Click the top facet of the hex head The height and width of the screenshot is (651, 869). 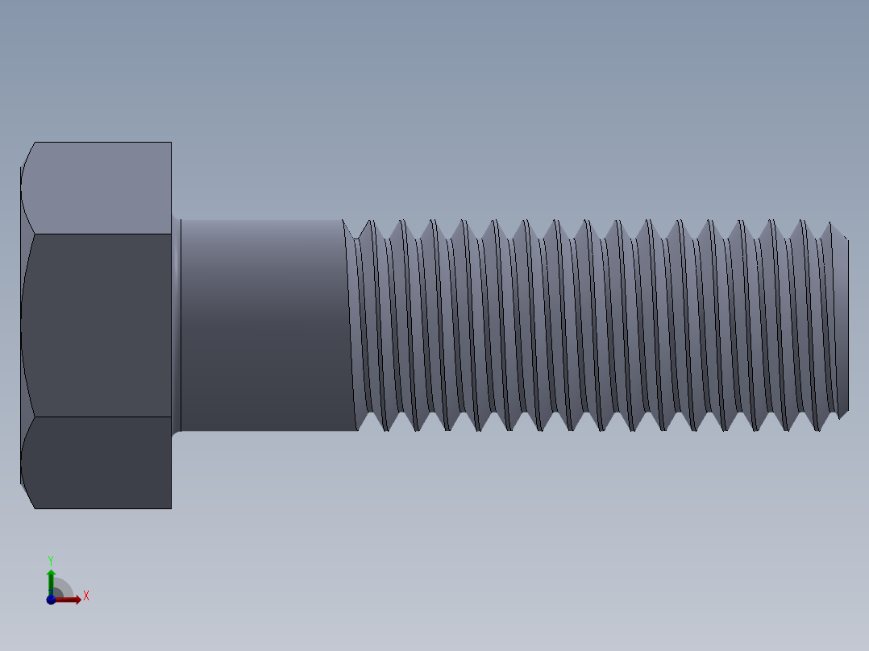[97, 188]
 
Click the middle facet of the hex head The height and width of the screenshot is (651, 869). [97, 325]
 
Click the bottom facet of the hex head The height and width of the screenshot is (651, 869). [97, 462]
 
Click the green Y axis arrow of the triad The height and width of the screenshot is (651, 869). [50, 578]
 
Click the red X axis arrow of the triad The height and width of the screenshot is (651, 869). [71, 599]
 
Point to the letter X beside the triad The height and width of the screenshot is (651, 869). [85, 596]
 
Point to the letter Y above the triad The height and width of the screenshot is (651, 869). [50, 559]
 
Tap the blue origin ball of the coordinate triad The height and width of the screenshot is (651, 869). [51, 599]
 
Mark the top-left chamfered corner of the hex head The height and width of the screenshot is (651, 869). [27, 154]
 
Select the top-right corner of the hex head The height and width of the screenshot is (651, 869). [171, 143]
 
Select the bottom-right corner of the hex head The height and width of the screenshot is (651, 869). [171, 508]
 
